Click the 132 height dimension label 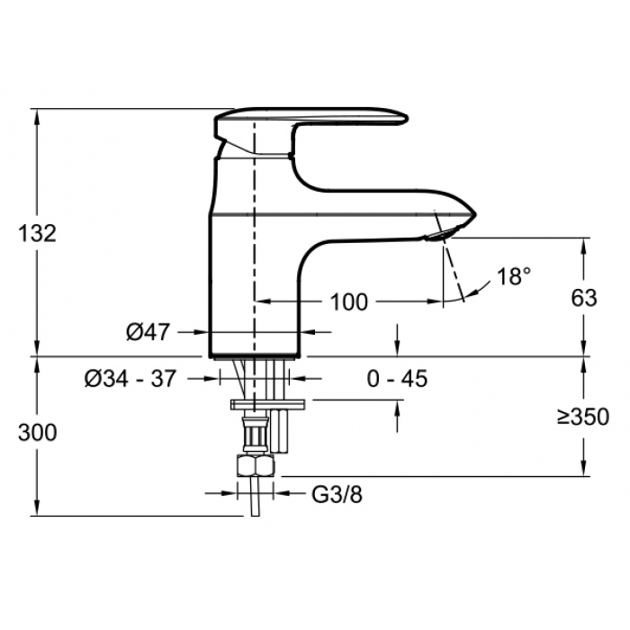pos(38,234)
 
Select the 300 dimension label pos(38,433)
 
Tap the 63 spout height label pos(584,298)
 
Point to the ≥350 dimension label pos(583,417)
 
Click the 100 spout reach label pos(349,302)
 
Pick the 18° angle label pos(514,276)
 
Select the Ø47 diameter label pos(148,332)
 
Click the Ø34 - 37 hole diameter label pos(130,379)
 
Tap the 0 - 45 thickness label pos(397,379)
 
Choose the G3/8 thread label pos(337,495)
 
